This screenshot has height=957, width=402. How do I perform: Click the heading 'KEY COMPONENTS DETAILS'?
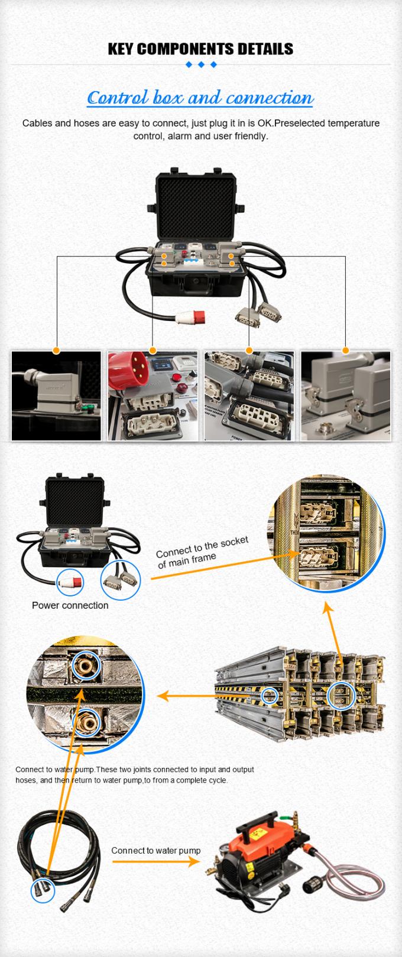[200, 48]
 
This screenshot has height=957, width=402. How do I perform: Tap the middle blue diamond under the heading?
[201, 64]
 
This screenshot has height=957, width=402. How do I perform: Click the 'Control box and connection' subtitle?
[200, 98]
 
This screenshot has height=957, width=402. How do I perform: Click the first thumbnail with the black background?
[56, 395]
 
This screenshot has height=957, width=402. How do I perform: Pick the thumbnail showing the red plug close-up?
[153, 395]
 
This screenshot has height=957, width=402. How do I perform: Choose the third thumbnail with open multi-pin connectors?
[249, 395]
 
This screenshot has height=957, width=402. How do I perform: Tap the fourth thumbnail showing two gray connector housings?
[345, 395]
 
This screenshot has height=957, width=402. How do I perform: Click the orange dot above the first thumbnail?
[56, 351]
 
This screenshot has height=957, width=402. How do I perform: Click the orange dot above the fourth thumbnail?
[345, 351]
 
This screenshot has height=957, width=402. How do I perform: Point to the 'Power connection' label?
[70, 605]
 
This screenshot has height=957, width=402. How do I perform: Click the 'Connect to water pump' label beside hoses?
[155, 851]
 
